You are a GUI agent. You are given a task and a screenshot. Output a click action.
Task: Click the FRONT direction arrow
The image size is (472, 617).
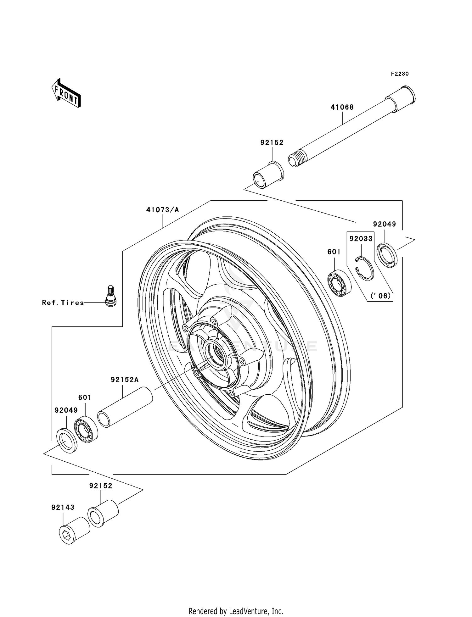coord(66,93)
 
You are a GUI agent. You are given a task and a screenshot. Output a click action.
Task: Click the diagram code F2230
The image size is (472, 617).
coord(400,74)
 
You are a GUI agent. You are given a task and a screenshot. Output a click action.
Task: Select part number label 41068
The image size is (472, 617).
coord(342,107)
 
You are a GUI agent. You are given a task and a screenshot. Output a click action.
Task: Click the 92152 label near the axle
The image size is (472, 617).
coord(272,143)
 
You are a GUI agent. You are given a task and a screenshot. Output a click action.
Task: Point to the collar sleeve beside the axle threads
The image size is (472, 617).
coord(268,175)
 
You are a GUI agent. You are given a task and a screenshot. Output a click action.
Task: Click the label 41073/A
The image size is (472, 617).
coord(162,210)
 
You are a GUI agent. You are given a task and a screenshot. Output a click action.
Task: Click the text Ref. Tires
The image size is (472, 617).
coord(63,303)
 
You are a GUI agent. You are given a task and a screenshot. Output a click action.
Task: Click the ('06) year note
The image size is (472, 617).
coord(380,296)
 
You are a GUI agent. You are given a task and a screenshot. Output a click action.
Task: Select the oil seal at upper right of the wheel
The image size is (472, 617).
coord(387,255)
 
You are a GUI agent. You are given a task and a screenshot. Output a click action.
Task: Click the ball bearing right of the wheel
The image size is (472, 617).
coord(339,283)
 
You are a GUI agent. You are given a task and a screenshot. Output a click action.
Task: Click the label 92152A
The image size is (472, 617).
coord(125,380)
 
